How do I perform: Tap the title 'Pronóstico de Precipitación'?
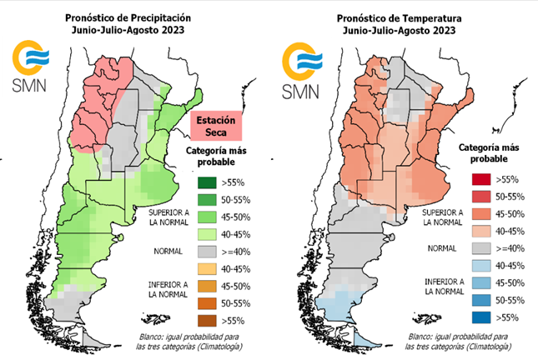(x=128, y=16)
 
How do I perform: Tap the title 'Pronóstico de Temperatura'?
(x=398, y=16)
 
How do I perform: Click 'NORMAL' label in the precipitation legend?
(x=167, y=249)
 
